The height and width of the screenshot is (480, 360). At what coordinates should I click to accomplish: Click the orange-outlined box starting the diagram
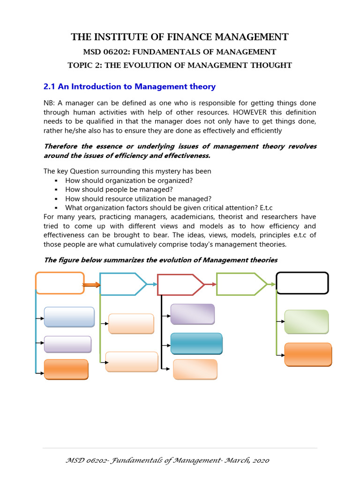tap(60, 283)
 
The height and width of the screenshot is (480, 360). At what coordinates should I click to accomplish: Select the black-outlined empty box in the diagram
tap(302, 283)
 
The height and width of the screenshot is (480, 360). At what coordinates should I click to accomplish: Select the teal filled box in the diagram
tap(196, 343)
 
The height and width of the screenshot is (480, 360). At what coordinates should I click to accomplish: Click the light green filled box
tap(307, 321)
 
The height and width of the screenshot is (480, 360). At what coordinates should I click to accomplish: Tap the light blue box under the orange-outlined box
tap(69, 316)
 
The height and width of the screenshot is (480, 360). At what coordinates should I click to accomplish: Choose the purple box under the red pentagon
tap(192, 314)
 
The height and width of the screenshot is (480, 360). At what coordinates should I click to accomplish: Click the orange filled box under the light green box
tap(308, 354)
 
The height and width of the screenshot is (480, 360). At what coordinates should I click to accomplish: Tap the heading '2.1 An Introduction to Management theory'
tap(129, 87)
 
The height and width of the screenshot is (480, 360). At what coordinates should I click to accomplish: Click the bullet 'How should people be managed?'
tap(119, 189)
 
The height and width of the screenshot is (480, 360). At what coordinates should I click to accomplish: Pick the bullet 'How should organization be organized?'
tap(129, 180)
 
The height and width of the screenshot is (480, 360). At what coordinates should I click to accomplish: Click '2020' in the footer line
tap(259, 461)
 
